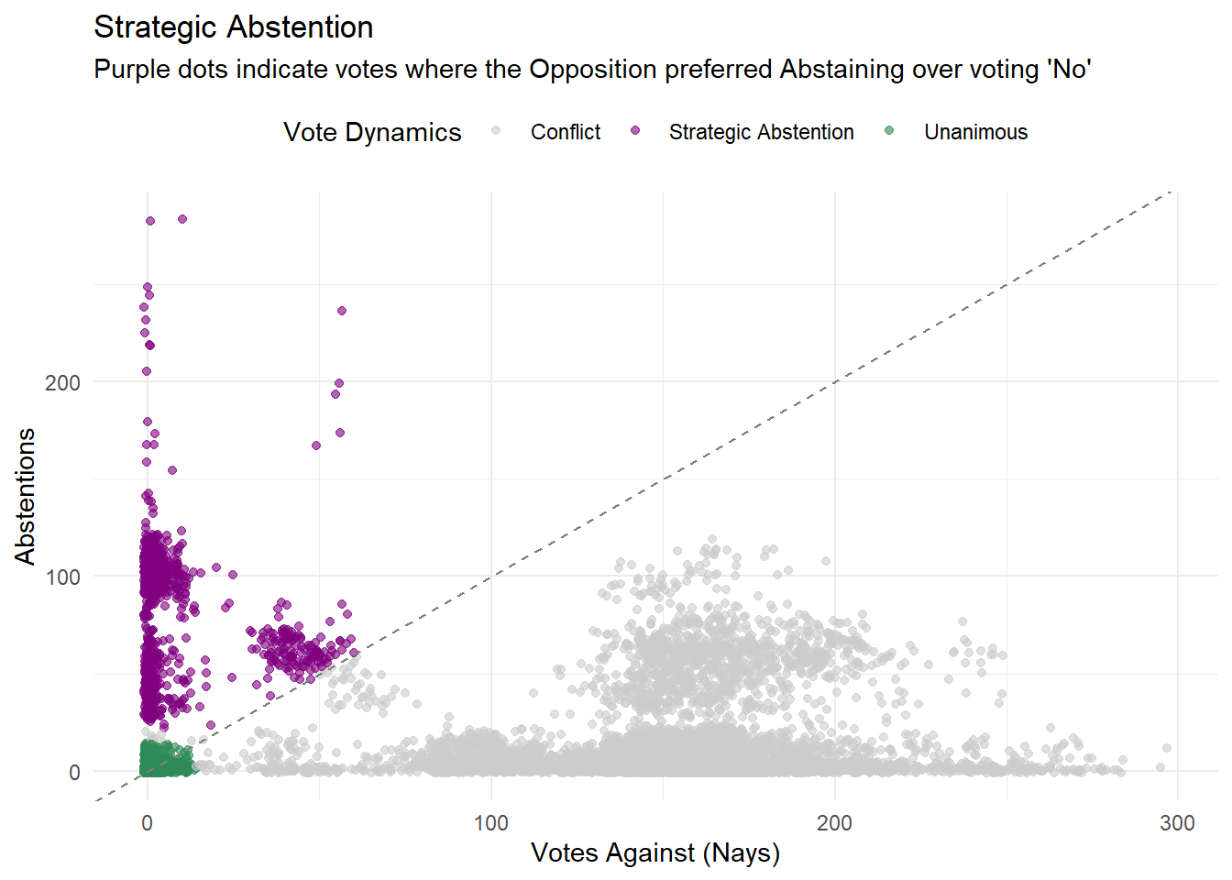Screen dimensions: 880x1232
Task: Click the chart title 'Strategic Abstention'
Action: point(233,27)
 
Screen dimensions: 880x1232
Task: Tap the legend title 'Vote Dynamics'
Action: point(372,132)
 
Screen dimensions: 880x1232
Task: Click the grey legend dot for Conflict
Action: point(496,131)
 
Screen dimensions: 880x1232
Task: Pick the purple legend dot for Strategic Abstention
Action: point(635,131)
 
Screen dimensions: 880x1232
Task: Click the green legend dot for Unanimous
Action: point(889,131)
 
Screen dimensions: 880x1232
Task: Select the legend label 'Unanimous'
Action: point(975,132)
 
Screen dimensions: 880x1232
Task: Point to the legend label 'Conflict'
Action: point(566,132)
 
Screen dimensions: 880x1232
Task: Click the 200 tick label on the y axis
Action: point(62,382)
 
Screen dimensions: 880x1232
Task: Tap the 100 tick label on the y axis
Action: point(62,577)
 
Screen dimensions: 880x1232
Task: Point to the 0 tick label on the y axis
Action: point(74,773)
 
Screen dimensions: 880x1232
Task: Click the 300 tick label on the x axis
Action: point(1177,823)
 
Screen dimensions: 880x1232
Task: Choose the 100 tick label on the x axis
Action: point(490,823)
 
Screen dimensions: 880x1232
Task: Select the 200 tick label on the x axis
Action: point(834,823)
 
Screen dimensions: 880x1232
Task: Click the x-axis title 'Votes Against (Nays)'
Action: point(655,853)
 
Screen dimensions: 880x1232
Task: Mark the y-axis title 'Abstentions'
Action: point(25,496)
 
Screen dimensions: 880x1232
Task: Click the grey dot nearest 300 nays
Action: point(1167,748)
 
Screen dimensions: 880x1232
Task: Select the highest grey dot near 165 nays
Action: point(712,540)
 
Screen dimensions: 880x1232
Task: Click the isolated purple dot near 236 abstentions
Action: point(342,311)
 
